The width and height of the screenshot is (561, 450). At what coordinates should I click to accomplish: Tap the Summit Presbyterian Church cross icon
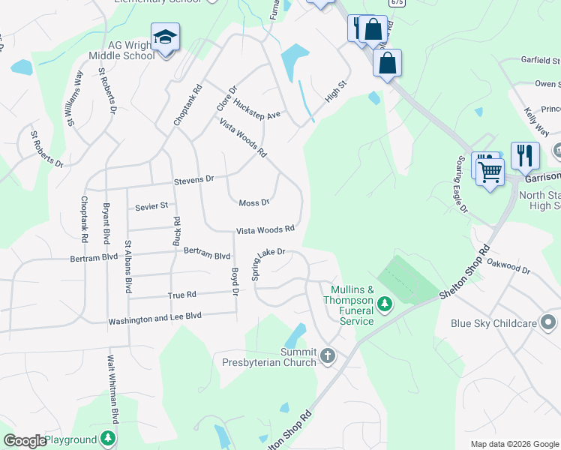(x=328, y=355)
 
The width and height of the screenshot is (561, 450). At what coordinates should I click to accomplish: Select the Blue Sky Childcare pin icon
(x=548, y=323)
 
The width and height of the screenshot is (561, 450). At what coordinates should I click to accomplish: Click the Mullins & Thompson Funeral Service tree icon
(x=385, y=304)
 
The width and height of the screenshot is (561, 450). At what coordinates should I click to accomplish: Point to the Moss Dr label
(x=253, y=202)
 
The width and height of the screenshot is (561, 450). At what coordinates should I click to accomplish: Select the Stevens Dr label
(x=193, y=180)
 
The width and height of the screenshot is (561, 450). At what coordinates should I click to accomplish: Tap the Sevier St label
(x=151, y=205)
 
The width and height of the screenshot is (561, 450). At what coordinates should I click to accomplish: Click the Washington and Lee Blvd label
(x=155, y=317)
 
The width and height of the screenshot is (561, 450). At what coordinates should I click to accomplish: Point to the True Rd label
(x=181, y=295)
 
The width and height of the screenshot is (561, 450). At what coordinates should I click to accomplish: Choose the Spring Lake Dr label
(x=268, y=264)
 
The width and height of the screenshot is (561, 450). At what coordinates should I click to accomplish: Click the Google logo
(x=25, y=441)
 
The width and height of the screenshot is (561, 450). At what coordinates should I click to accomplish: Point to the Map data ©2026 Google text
(x=514, y=444)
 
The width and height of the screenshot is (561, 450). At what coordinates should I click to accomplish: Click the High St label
(x=337, y=92)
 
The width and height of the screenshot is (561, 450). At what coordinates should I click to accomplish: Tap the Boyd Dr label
(x=235, y=281)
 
